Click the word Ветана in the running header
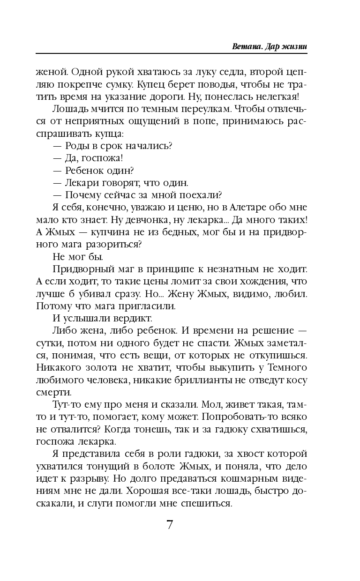(246, 47)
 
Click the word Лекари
(83, 182)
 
